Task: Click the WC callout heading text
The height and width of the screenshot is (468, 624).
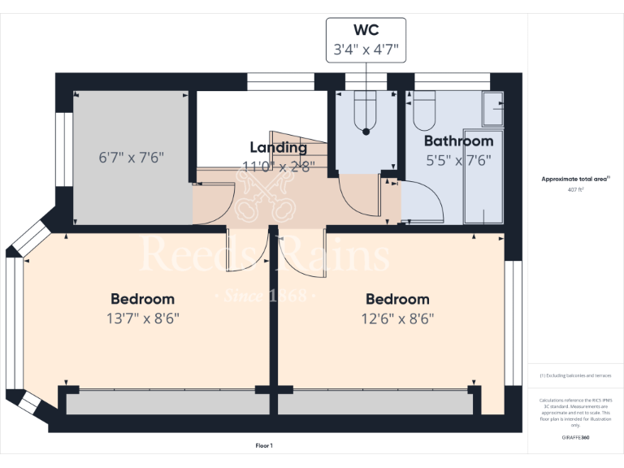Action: (366, 32)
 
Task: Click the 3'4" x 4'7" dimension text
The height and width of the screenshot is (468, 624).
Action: (366, 50)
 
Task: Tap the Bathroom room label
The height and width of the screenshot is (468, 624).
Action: (458, 141)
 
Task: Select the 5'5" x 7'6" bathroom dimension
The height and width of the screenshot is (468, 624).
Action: (458, 160)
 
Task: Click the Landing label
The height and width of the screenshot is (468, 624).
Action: (279, 147)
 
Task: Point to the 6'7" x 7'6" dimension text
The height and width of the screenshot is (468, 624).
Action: (132, 157)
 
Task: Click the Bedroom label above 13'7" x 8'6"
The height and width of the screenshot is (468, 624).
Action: (142, 299)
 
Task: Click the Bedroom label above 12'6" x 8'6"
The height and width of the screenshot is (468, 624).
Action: (397, 299)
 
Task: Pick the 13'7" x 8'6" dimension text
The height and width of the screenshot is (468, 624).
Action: (142, 318)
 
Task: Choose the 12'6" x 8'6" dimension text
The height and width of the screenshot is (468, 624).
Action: (397, 318)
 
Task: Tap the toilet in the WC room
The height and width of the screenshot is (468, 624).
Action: (366, 110)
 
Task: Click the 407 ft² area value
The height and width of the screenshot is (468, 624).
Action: (575, 189)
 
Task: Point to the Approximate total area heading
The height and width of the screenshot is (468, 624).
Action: (574, 179)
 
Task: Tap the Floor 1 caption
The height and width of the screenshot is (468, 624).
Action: (264, 445)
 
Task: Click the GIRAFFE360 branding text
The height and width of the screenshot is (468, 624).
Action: (574, 437)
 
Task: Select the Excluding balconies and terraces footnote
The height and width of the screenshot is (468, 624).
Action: (574, 376)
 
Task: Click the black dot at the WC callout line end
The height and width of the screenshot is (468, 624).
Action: (366, 131)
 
